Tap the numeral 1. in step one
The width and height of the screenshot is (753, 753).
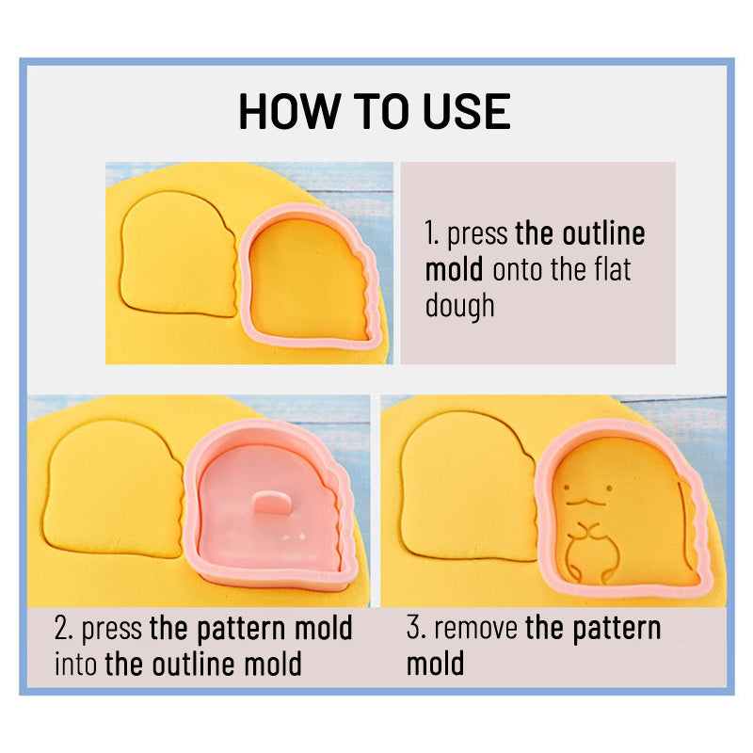(x=432, y=235)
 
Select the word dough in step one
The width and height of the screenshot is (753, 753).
(x=459, y=306)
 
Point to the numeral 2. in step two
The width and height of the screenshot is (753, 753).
(x=63, y=629)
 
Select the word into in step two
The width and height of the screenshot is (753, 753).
(x=76, y=665)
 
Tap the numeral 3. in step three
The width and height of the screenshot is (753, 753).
(x=415, y=629)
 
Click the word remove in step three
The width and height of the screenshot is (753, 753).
(x=476, y=629)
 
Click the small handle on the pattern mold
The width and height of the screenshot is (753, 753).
(x=273, y=502)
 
